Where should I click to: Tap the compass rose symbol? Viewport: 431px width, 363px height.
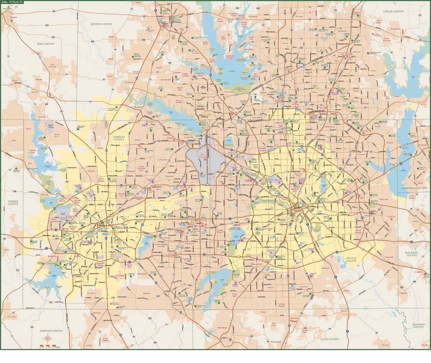point(48,339)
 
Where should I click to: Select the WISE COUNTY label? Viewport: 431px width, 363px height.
point(45,44)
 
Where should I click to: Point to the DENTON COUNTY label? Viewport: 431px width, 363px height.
point(102,24)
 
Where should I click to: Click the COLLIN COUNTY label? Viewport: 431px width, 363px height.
point(393,11)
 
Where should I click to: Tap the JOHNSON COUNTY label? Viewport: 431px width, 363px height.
point(51,331)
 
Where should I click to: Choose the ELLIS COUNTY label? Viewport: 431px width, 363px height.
point(329,339)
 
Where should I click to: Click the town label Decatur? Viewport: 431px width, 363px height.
point(14,17)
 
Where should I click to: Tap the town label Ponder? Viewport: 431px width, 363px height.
point(112,37)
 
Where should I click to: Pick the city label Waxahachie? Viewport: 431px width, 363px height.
point(278,342)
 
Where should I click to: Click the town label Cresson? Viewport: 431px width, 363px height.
point(12,317)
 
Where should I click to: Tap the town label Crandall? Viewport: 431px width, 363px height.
point(418,272)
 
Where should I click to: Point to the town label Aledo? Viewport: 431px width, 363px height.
point(6,249)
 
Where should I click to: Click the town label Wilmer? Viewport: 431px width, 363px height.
point(347,290)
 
